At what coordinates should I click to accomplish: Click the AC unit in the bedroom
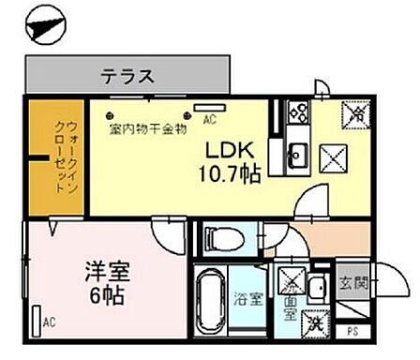[37, 319]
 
